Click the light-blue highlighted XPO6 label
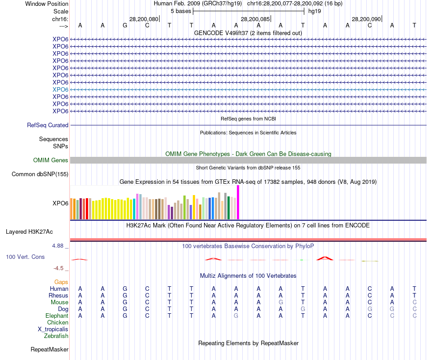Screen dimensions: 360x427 click(x=60, y=89)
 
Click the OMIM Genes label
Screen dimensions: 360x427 click(x=51, y=160)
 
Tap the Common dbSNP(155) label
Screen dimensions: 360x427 click(x=40, y=174)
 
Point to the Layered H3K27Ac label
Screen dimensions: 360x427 click(x=29, y=232)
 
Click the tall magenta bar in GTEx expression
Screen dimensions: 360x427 click(x=238, y=202)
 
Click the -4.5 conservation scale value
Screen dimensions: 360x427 click(x=60, y=268)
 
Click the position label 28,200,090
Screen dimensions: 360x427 click(x=366, y=19)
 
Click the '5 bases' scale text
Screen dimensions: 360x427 click(x=181, y=11)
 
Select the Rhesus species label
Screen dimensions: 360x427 click(x=58, y=296)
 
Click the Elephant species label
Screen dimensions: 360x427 click(x=57, y=316)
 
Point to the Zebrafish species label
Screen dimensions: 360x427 click(x=56, y=336)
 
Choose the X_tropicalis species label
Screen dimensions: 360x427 click(x=53, y=329)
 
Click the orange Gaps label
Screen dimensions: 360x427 click(x=61, y=282)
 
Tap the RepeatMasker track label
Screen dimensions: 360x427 click(x=49, y=349)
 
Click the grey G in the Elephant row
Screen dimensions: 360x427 click(x=236, y=316)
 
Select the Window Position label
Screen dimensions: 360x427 click(x=47, y=4)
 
